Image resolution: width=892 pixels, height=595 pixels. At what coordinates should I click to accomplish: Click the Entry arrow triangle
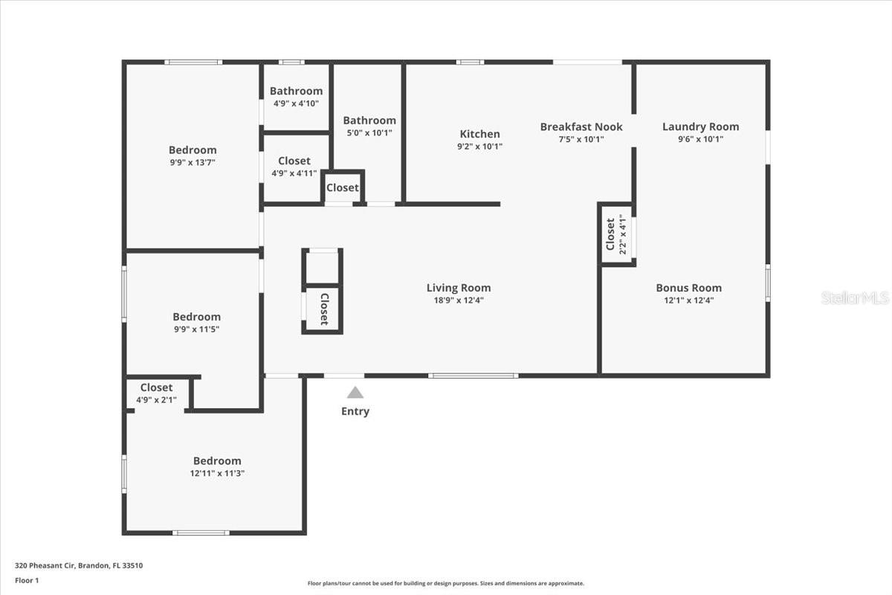[x=355, y=393]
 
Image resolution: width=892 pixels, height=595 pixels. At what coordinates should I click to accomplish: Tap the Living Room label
[x=459, y=288]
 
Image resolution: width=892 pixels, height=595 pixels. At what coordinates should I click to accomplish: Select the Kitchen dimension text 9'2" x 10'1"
[x=479, y=147]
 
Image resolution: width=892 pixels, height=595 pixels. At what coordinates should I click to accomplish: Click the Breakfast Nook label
[x=581, y=126]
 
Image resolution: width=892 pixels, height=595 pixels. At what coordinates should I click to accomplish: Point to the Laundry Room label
[x=700, y=126]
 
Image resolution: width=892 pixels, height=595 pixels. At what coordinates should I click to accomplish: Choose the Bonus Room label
[x=688, y=288]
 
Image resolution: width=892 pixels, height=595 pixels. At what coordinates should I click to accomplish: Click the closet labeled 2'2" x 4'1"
[x=616, y=234]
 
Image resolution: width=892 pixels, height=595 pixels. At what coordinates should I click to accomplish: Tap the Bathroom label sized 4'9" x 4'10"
[x=296, y=91]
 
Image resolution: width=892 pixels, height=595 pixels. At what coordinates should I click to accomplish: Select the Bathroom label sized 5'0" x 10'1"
[x=369, y=120]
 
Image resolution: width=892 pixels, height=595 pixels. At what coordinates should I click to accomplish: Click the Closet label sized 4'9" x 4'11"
[x=294, y=161]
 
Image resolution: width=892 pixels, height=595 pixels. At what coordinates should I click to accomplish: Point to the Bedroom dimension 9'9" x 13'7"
[x=193, y=162]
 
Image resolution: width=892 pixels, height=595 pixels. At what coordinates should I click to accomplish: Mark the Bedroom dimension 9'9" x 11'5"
[x=196, y=329]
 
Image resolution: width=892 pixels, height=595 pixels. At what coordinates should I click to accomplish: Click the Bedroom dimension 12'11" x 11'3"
[x=217, y=473]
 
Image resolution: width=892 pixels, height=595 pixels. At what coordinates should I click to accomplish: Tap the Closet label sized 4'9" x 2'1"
[x=156, y=387]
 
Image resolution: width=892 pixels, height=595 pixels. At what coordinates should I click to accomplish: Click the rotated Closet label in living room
[x=324, y=309]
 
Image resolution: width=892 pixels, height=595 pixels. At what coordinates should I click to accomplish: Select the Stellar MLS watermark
[x=855, y=297]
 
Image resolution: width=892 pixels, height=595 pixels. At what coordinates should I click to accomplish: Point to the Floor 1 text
[x=27, y=580]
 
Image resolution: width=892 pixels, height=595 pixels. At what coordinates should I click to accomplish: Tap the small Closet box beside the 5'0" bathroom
[x=342, y=187]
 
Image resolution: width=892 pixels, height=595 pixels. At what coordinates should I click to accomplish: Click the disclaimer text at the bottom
[x=446, y=584]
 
